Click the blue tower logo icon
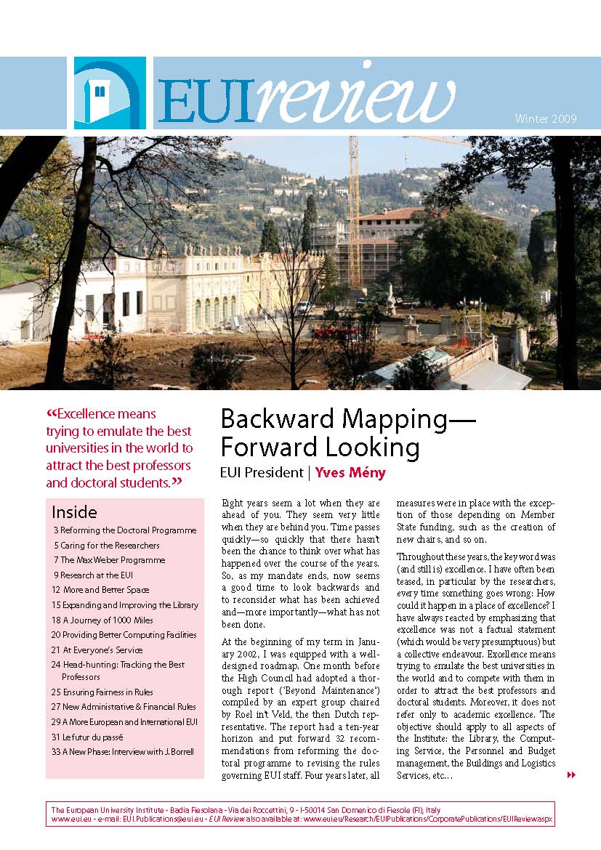click(110, 92)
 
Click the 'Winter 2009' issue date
click(545, 118)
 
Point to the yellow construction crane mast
click(355, 211)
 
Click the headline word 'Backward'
click(283, 419)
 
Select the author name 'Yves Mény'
click(350, 473)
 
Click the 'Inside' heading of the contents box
click(74, 512)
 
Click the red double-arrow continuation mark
click(571, 775)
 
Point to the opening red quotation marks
click(51, 414)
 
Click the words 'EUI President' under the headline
click(262, 473)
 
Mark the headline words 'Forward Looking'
click(320, 446)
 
